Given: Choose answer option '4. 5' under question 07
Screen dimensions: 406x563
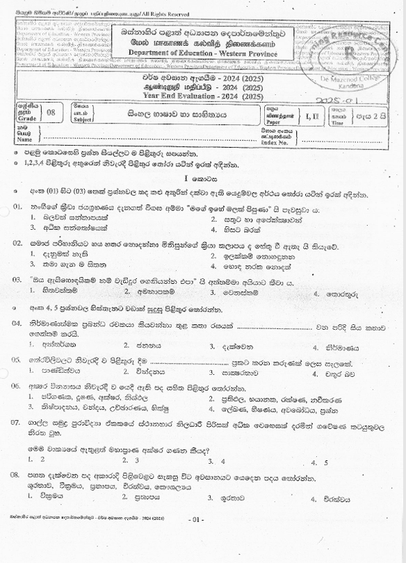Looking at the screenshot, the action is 320,460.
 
